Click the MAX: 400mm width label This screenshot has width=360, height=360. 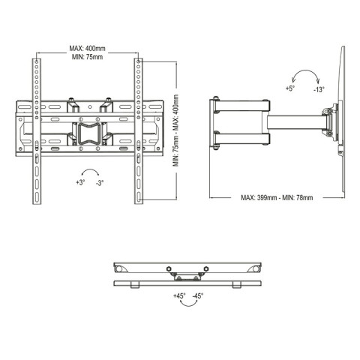[87, 48]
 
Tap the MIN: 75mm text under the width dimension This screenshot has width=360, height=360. [87, 57]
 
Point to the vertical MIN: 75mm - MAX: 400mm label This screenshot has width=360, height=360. [175, 130]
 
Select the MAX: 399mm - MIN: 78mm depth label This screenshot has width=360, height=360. [277, 198]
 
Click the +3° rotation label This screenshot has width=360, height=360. [80, 182]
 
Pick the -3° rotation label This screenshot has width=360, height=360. [100, 183]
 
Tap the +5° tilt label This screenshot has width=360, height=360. [290, 88]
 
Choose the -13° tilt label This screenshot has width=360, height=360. [319, 89]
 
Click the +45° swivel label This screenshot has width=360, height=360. [179, 296]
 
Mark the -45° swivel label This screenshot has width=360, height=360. [198, 296]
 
